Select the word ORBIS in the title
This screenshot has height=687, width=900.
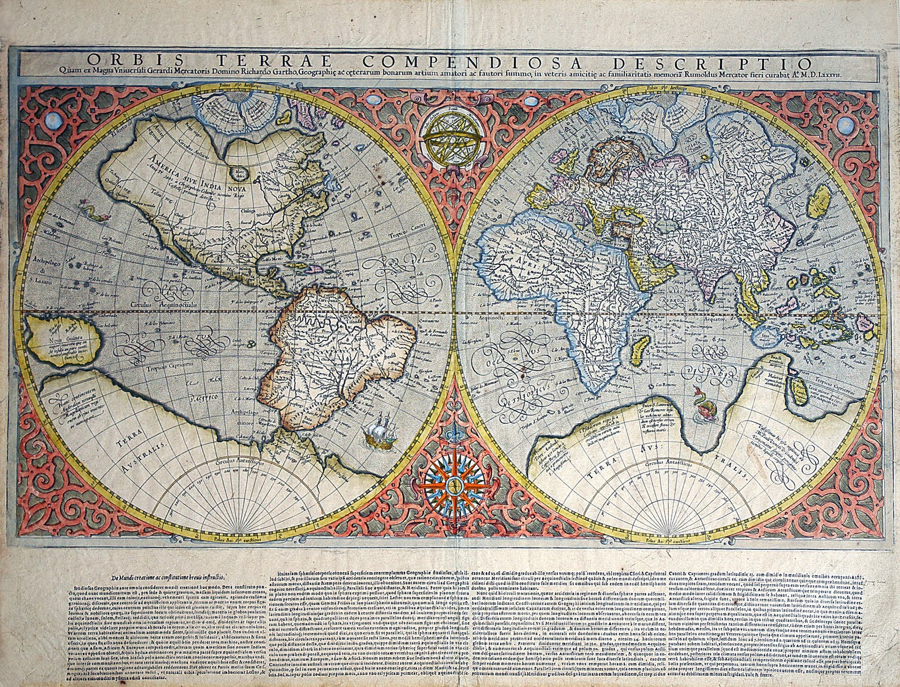[x=119, y=62]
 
